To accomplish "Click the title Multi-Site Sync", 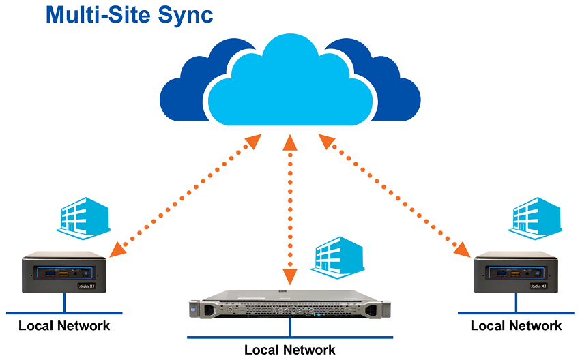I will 129,15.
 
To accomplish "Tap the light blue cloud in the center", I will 289,82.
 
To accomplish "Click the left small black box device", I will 66,273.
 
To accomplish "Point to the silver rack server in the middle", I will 290,307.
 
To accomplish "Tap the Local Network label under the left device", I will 64,325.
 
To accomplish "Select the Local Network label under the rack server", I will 290,350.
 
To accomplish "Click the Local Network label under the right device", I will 517,325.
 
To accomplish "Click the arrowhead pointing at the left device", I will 117,247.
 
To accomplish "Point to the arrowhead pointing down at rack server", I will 290,277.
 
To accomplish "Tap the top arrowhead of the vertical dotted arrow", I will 290,142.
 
